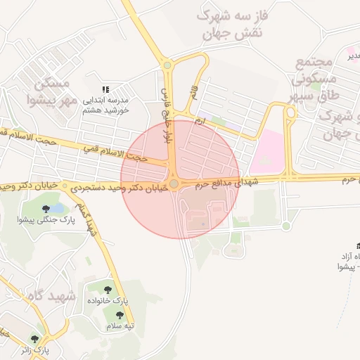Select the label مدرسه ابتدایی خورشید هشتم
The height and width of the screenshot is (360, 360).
pos(106,105)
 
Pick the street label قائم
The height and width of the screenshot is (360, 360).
pos(193,91)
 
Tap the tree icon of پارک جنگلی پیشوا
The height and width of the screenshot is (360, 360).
pos(46,209)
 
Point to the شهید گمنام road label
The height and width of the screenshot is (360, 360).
pos(88,220)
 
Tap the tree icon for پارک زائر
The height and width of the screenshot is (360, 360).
pos(34,339)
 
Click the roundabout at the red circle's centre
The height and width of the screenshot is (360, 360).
pos(174,183)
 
